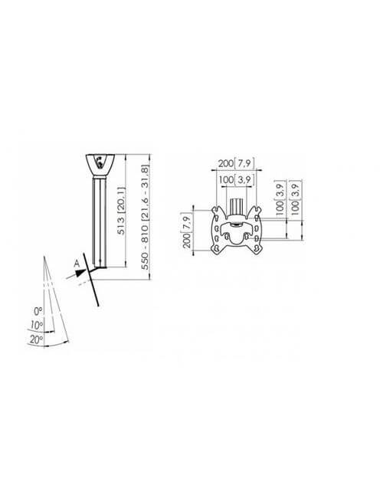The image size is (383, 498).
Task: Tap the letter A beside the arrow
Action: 77,264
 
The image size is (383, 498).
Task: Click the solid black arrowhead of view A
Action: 81,273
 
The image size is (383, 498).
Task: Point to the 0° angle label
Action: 38,311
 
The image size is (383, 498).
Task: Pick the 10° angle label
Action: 37,325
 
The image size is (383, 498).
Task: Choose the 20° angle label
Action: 36,339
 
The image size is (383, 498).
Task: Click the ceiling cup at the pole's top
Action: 100,165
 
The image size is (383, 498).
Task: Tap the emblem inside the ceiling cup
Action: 100,162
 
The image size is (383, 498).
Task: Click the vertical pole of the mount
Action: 100,222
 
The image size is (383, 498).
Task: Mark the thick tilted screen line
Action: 91,280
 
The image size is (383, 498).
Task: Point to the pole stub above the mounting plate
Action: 236,207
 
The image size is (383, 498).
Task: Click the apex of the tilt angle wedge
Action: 44,256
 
